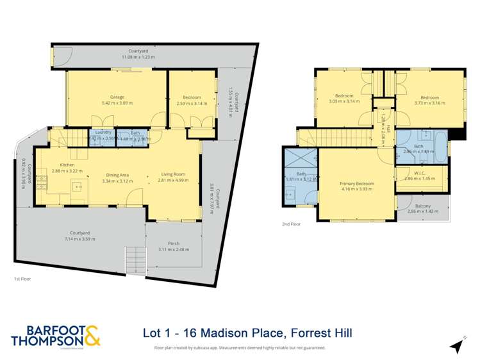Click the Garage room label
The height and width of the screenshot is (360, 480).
[x=117, y=97]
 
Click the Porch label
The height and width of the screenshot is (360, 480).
[x=174, y=243]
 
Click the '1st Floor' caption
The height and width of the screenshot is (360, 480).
[x=22, y=279]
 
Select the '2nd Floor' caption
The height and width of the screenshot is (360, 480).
[x=291, y=224]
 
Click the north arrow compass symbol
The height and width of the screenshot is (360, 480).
[x=456, y=347]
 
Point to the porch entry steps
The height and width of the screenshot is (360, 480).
[x=135, y=259]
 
